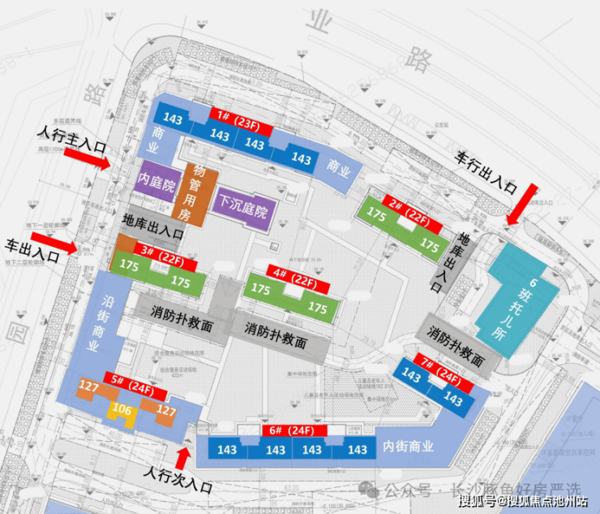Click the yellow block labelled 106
point(122,410)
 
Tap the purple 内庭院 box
point(156,186)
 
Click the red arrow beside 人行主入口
point(95,161)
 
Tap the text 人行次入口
point(177,479)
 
